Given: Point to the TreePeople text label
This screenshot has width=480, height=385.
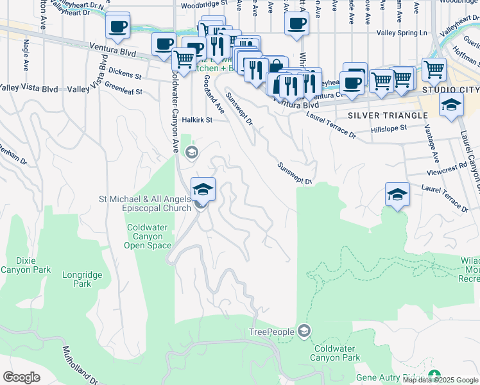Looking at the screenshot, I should tap(271, 332).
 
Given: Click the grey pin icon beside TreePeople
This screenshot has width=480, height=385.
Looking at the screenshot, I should tap(304, 331).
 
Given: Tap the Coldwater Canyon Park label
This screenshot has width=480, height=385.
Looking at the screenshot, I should tap(335, 353).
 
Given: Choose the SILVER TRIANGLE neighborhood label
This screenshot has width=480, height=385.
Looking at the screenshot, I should tap(388, 116).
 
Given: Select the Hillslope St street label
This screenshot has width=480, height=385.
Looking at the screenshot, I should tap(389, 128).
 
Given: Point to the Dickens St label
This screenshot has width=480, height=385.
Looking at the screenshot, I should tap(125, 74).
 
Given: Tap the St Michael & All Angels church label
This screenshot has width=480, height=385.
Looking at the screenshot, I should tap(144, 203).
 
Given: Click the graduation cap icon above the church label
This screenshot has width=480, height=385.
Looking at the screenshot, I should tap(203, 189).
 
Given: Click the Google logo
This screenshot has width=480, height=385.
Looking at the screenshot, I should tap(21, 377).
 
